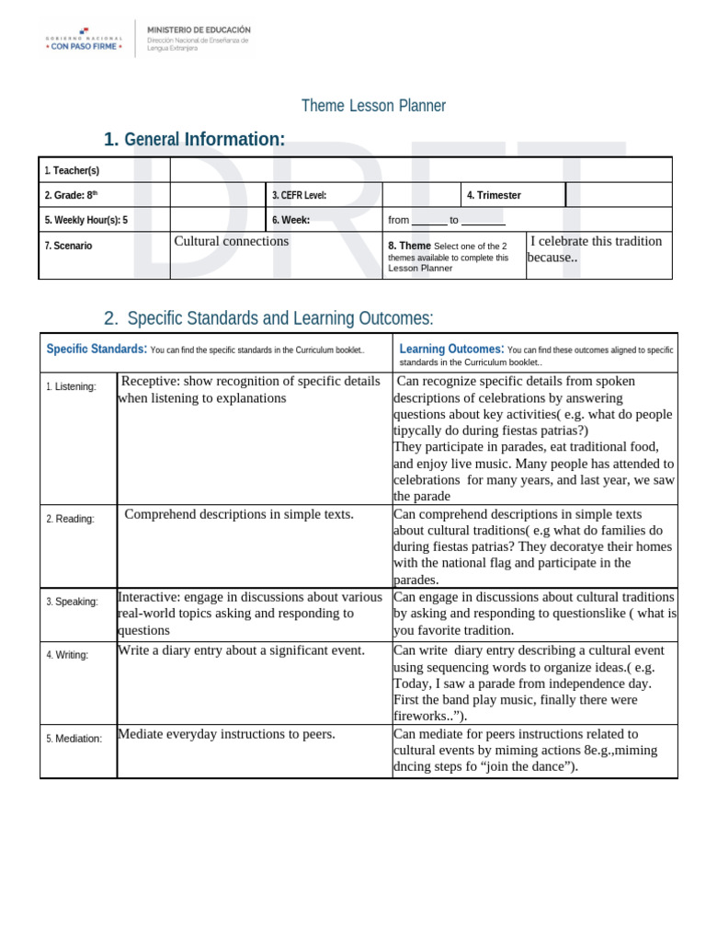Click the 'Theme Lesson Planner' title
pos(373,106)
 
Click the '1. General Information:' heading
pos(194,139)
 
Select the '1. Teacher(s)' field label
pos(72,171)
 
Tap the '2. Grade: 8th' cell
pos(70,195)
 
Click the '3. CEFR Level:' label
pos(299,195)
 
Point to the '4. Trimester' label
pos(494,195)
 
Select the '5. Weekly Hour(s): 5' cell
pos(85,220)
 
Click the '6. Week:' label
pos(290,220)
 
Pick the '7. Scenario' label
pos(68,246)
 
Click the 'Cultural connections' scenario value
pos(231,241)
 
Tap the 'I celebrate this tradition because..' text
pos(595,248)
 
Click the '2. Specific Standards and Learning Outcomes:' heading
pos(268,318)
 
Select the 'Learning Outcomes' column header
pos(450,349)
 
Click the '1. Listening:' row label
pos(71,386)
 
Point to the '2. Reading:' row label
pos(70,519)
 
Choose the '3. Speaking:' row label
pos(72,602)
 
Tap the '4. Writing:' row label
pos(67,655)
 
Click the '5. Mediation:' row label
pos(74,738)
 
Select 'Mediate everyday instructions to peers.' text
pos(226,734)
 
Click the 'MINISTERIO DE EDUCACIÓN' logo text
pos(199,29)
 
